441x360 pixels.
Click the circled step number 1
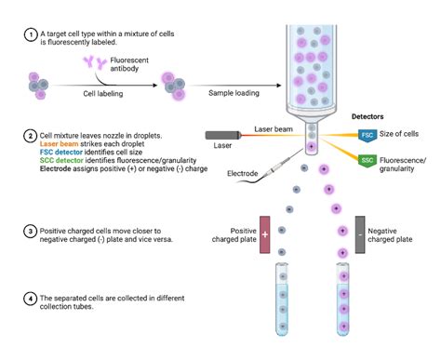click(x=31, y=36)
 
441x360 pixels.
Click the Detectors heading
click(x=366, y=116)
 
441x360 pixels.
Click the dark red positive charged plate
click(x=264, y=233)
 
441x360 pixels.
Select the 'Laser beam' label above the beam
click(x=274, y=128)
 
